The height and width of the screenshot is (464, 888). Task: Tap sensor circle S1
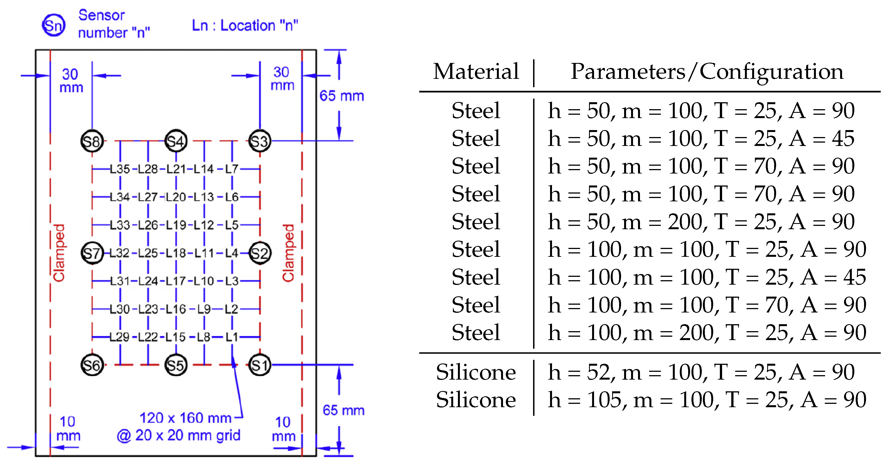point(259,365)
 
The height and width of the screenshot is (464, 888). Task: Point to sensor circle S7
point(92,253)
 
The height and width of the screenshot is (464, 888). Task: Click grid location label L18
point(176,253)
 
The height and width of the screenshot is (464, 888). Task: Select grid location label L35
point(120,169)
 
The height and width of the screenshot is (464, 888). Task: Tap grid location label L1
point(232,337)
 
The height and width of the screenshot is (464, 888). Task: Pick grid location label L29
point(120,337)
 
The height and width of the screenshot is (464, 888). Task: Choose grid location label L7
point(232,169)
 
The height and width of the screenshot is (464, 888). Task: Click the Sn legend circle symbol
point(53,25)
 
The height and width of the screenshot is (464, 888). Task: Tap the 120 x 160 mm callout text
point(185,418)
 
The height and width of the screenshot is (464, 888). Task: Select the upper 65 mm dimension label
point(341,96)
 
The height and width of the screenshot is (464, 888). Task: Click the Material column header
point(476,71)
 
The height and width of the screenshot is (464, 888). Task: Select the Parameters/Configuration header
point(707,71)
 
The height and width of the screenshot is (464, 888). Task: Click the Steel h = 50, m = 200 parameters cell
point(701,221)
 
